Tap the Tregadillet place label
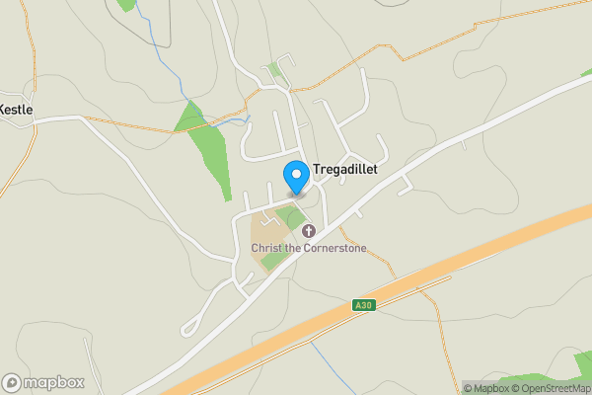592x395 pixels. click(x=344, y=169)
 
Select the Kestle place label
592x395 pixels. click(x=17, y=109)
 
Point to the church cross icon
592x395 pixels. click(x=309, y=232)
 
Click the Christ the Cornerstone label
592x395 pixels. click(x=309, y=248)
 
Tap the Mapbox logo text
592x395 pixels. click(x=53, y=382)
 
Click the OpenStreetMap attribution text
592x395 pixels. click(x=550, y=388)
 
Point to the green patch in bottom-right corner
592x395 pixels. click(x=582, y=365)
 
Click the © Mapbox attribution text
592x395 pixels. click(x=485, y=388)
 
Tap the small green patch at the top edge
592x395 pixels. click(x=125, y=4)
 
